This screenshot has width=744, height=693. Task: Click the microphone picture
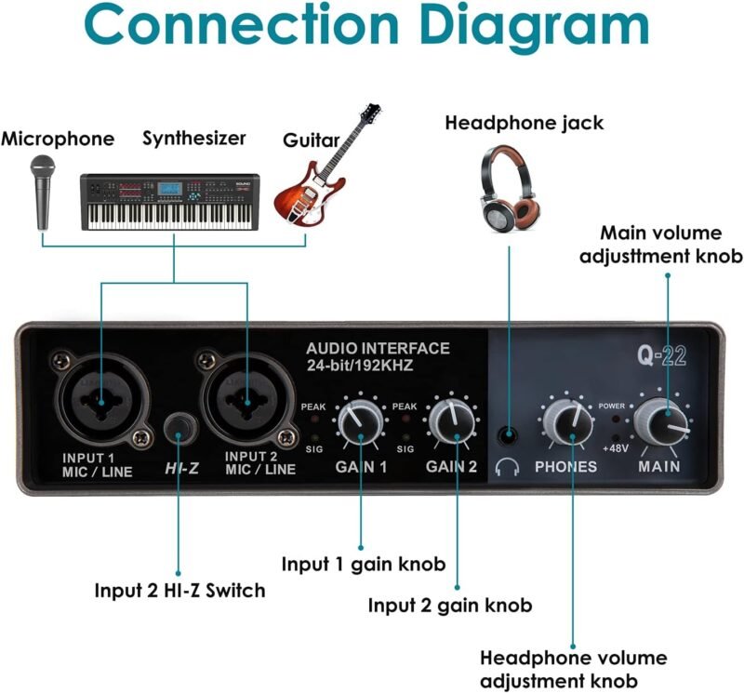[43, 191]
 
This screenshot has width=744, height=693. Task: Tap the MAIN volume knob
[666, 422]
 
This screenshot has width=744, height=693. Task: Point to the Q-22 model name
[662, 355]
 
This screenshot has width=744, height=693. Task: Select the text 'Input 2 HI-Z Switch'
[179, 590]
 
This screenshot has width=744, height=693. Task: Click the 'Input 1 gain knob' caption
[364, 564]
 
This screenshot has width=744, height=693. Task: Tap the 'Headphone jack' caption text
[524, 123]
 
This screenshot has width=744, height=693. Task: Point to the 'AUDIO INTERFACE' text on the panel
[378, 349]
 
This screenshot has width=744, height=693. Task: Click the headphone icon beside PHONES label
[507, 466]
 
